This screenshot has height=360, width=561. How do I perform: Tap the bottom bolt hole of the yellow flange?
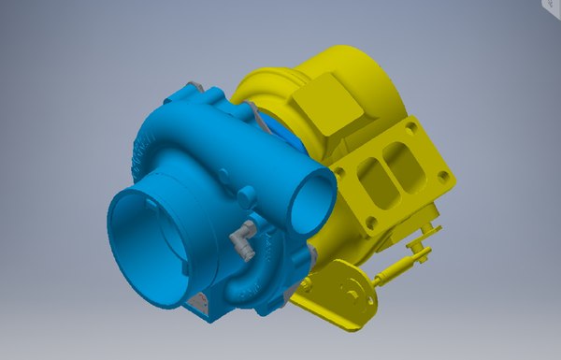point(373,223)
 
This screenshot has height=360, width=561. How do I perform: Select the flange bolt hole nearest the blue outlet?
point(340,171)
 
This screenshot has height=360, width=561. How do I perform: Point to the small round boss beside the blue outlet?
point(249,197)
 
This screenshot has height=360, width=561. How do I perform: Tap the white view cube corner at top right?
point(552,5)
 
